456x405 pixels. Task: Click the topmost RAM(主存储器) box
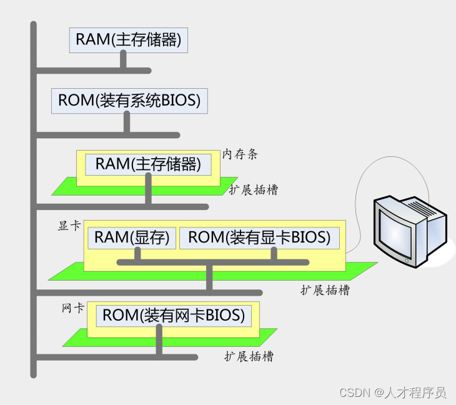click(x=128, y=39)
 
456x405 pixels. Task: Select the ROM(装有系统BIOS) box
click(x=129, y=101)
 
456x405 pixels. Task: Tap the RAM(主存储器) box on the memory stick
click(x=148, y=164)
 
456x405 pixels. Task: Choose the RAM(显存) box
click(x=132, y=237)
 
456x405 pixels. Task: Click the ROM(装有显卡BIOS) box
click(x=259, y=237)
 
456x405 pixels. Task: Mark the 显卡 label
click(x=69, y=226)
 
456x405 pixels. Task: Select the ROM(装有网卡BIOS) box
click(x=173, y=316)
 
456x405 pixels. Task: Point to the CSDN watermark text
click(x=392, y=392)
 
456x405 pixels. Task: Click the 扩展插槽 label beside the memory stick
click(x=253, y=190)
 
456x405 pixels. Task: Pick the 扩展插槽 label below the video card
click(x=325, y=290)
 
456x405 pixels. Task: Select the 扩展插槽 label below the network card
click(x=249, y=356)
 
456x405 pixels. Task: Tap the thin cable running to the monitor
click(x=360, y=187)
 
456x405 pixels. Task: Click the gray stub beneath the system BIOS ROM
click(x=127, y=123)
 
